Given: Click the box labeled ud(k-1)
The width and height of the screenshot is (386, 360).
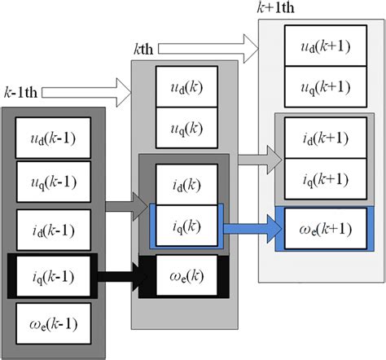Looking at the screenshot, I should pos(53,138).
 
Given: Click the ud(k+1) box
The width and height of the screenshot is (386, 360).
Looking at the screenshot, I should pos(319,46).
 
